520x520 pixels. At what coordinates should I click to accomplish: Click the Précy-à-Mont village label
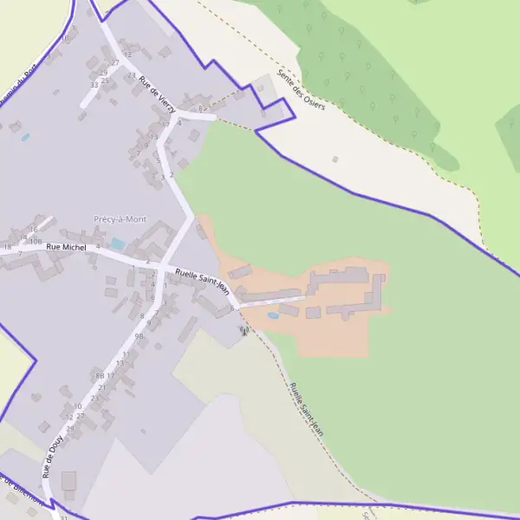119,220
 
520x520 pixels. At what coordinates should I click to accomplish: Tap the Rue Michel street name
67,248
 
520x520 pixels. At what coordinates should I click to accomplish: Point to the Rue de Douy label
52,456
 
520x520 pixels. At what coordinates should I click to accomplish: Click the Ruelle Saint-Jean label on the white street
201,282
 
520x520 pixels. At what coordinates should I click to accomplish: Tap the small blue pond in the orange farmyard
274,316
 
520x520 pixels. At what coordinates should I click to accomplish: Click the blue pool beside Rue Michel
117,244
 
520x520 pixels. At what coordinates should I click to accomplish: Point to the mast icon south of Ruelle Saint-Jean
244,330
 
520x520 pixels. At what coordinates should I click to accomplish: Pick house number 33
94,85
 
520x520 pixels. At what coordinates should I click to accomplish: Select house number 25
105,81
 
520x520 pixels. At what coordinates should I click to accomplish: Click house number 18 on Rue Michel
7,248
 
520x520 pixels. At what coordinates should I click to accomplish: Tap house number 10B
36,242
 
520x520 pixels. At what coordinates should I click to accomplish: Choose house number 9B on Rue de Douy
139,335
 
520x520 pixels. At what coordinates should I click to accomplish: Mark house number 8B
100,375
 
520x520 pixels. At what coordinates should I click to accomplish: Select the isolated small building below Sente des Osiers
335,159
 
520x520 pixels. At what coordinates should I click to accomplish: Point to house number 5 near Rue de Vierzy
158,160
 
